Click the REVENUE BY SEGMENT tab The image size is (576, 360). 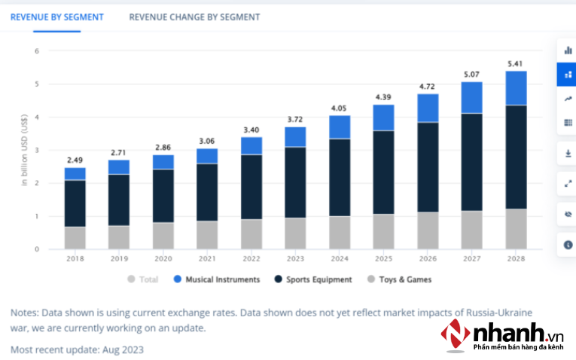click(56, 17)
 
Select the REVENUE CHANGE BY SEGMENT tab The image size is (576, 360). click(194, 17)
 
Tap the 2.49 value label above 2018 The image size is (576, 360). click(75, 159)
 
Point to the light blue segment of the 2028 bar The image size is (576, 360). click(516, 88)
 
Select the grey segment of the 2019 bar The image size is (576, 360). click(118, 237)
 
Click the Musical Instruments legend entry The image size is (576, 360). click(218, 279)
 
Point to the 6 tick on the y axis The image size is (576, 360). click(36, 51)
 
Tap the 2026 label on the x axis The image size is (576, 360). click(428, 258)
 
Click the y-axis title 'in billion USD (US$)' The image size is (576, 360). click(24, 149)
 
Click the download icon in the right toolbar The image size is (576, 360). click(567, 154)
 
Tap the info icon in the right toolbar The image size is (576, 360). click(567, 245)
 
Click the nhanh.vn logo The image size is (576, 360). click(501, 334)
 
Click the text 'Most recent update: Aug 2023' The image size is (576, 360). click(77, 349)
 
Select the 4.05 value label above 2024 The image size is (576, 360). click(340, 108)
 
